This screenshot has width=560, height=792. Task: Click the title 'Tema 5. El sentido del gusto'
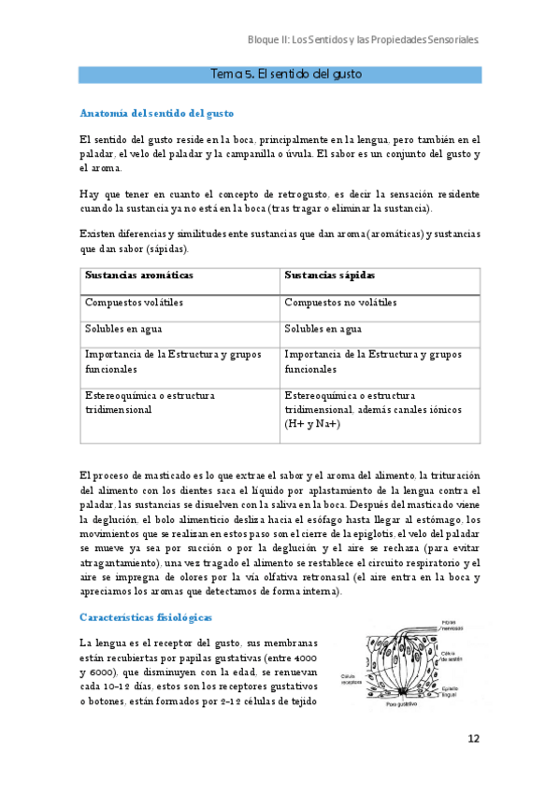(280, 74)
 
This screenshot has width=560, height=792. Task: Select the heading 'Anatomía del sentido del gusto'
(156, 114)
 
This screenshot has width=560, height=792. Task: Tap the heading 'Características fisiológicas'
(146, 617)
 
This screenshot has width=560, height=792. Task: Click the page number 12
(473, 739)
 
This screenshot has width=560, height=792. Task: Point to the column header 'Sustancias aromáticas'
(139, 276)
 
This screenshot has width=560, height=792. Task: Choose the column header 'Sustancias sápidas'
(330, 276)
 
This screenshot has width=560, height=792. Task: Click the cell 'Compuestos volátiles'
(134, 303)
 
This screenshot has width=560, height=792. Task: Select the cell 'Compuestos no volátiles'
(340, 303)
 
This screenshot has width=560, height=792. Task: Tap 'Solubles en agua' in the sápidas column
(323, 329)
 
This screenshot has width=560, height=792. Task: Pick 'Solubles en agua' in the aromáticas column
(124, 329)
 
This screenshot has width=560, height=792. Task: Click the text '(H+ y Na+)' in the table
(312, 424)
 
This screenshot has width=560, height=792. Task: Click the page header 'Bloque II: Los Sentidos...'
(364, 41)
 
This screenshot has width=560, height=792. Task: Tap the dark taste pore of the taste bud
(400, 692)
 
